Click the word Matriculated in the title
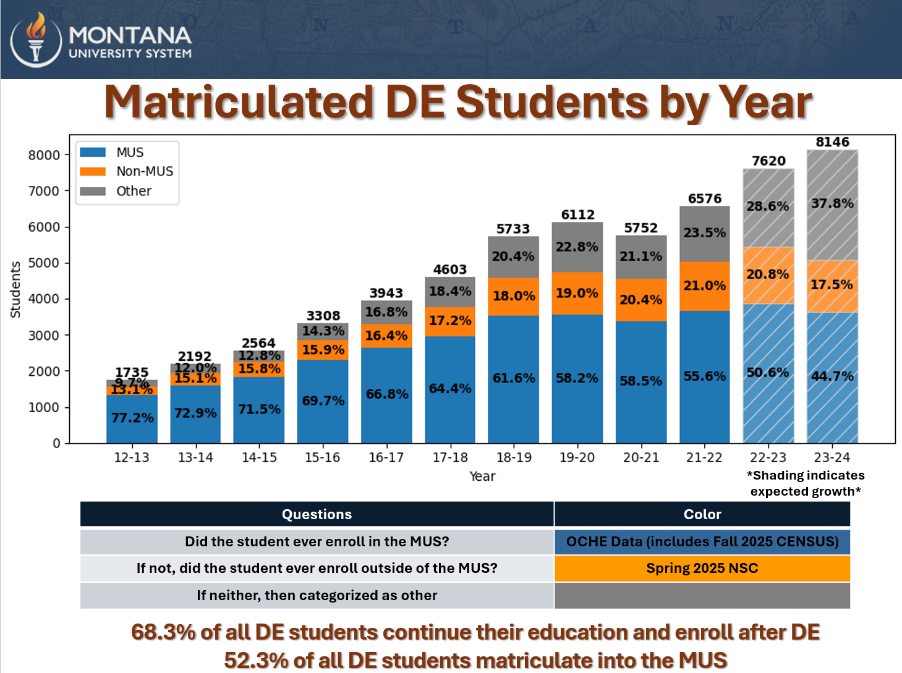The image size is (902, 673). point(239,102)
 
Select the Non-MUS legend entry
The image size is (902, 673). point(144,171)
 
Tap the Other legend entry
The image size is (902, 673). point(134,191)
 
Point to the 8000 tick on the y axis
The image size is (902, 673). point(44,155)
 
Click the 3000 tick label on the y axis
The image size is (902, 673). point(44,336)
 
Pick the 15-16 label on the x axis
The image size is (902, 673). point(323,457)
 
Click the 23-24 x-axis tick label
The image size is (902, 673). point(832,457)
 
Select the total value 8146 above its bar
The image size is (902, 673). point(832,142)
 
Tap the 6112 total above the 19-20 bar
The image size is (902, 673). point(577,214)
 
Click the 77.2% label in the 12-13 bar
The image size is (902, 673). point(132,418)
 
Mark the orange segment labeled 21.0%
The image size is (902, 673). point(704,286)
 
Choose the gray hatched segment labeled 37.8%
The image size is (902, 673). point(832,204)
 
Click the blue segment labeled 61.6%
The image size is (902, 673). point(514,378)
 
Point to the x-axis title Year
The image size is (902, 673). point(482,476)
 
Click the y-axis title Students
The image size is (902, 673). point(15,289)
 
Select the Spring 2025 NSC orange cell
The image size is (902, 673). point(702,569)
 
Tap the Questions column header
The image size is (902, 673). point(317,514)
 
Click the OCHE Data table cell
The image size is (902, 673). point(702,542)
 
